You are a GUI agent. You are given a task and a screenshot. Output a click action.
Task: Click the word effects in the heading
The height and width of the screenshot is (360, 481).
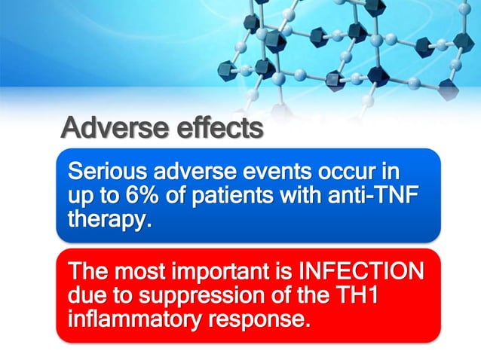point(219,127)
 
